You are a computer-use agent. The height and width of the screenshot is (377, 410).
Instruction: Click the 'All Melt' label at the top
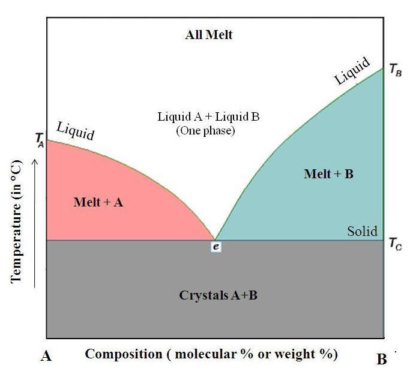(208, 35)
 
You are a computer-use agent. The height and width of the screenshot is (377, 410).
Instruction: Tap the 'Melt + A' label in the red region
(98, 202)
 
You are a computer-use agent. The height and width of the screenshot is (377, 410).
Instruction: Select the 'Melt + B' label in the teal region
(328, 174)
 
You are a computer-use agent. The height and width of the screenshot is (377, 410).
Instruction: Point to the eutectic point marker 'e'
(216, 246)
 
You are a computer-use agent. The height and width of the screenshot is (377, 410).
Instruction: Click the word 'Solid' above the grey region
(363, 232)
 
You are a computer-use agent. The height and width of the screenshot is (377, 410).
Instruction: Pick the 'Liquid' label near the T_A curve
(75, 130)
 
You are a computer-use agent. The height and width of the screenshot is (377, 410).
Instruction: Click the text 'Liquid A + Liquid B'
(208, 116)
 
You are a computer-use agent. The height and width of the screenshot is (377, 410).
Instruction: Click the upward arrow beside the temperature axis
(34, 222)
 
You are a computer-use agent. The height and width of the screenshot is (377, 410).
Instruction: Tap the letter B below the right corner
(382, 360)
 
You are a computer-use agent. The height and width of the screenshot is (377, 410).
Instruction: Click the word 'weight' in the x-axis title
(295, 354)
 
